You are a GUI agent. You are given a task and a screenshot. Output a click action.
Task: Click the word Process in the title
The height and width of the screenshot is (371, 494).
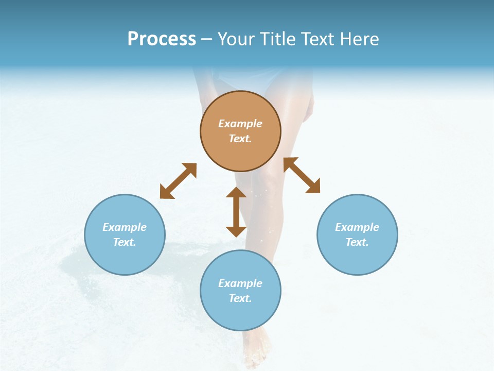coord(162,39)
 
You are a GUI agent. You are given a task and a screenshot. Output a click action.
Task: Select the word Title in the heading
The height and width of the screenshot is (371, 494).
coord(276,39)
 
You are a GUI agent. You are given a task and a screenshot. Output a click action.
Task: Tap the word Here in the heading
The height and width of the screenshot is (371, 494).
coord(358,39)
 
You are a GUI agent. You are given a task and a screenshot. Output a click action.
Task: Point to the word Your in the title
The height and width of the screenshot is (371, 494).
coord(237,39)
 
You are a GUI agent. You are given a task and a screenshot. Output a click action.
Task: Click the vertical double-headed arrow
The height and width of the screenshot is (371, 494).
coord(236,211)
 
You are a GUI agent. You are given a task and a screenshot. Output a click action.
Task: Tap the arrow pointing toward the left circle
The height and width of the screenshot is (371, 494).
coord(178,181)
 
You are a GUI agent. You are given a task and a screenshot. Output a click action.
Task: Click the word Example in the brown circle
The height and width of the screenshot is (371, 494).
coord(240,124)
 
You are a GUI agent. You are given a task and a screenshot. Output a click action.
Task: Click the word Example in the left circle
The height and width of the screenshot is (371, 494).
coord(125,227)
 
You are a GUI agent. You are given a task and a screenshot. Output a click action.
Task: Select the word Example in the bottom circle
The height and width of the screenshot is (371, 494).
coord(240,283)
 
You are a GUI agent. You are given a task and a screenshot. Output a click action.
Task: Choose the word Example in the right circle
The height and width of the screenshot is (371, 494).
coord(357,227)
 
